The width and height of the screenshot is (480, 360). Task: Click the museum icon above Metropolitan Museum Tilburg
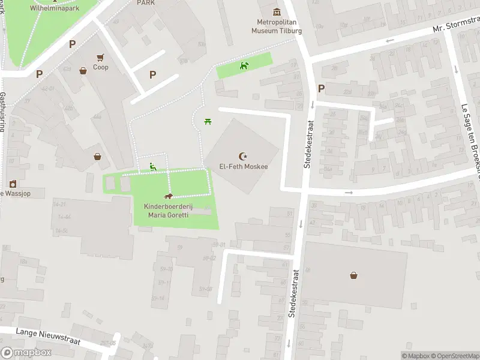coord(276,12)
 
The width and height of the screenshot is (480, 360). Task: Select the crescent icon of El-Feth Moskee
coord(243,156)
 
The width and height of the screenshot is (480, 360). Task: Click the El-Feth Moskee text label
coord(243,167)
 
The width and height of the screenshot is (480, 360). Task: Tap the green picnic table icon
coord(207,122)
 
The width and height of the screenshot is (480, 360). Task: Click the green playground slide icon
coord(153,167)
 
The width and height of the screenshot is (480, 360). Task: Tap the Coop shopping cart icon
coord(101,58)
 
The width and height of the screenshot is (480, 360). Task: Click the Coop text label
coord(101,67)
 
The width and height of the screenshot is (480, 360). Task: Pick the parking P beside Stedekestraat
coord(321,89)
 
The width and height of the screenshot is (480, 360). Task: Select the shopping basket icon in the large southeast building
coord(355,275)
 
